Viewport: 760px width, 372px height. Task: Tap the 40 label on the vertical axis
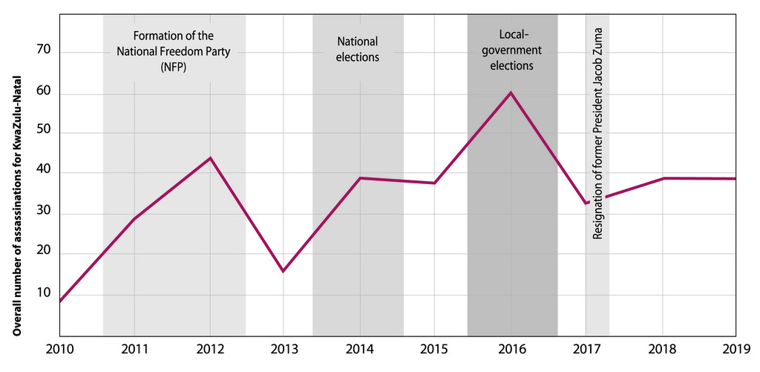click(45, 172)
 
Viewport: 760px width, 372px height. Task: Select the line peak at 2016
click(511, 93)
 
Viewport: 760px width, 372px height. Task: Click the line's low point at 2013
click(284, 271)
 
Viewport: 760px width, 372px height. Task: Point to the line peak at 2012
click(210, 157)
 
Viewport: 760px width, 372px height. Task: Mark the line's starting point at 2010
click(59, 301)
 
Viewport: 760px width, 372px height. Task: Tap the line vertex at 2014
click(360, 178)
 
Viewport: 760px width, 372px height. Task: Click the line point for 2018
click(662, 178)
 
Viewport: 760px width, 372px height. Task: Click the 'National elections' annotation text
click(358, 49)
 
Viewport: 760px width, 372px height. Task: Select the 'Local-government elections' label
click(512, 50)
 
